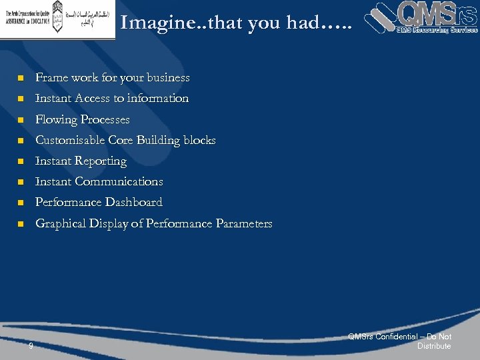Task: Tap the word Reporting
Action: (x=101, y=161)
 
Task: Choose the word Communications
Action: (x=119, y=182)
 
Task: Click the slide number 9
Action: (x=31, y=345)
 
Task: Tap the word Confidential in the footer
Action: (x=397, y=337)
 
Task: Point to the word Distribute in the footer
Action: (x=434, y=346)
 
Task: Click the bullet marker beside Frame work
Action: (x=20, y=79)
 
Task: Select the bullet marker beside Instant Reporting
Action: (x=20, y=162)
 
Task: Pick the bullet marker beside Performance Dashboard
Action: (x=20, y=203)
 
